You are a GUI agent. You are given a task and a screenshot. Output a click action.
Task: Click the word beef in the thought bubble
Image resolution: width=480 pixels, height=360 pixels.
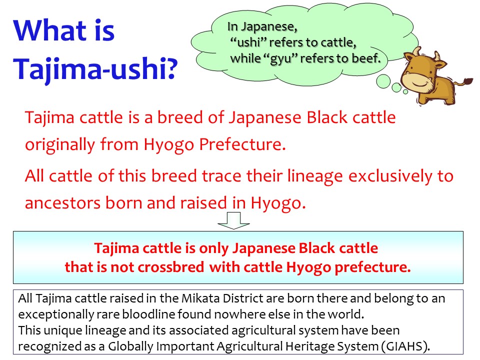pos(367,58)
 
